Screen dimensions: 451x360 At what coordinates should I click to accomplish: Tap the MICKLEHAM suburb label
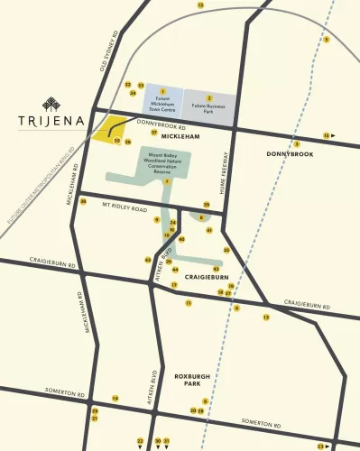click(x=167, y=137)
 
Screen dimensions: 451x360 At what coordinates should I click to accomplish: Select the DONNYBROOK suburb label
click(x=290, y=154)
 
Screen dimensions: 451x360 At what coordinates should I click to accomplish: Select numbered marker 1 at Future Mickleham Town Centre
click(x=162, y=91)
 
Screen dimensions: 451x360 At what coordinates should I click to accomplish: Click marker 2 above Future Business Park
click(x=209, y=97)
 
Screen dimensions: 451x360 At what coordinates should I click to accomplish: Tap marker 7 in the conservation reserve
click(x=167, y=181)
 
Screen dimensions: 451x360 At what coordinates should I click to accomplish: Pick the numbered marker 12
click(x=200, y=5)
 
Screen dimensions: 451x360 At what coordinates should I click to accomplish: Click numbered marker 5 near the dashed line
click(x=327, y=40)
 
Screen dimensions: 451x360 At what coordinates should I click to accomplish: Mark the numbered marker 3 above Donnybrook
click(x=296, y=143)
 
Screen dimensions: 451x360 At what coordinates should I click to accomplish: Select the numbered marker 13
click(x=266, y=318)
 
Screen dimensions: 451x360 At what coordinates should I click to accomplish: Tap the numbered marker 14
click(x=115, y=398)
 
